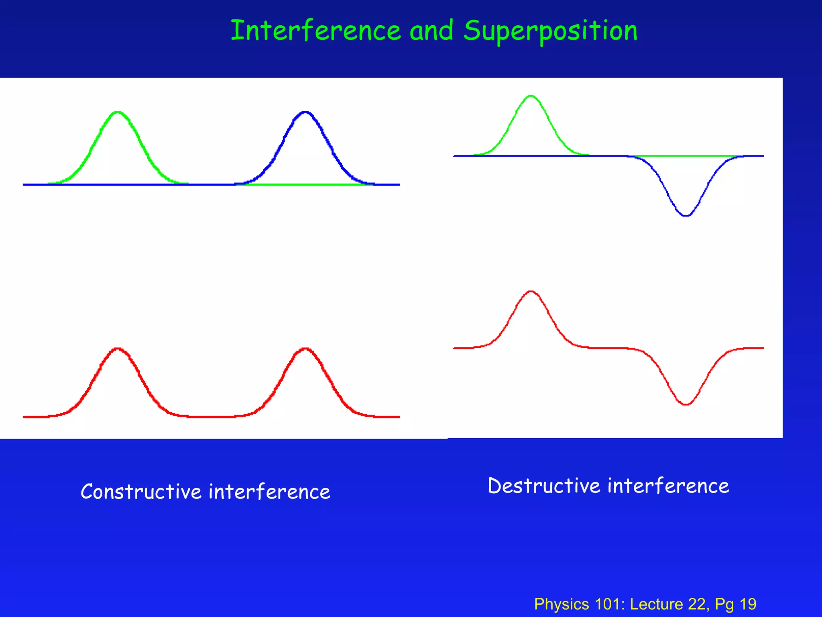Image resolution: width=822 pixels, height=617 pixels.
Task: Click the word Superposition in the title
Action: tap(550, 31)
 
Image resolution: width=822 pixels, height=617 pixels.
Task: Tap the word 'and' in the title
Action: tap(431, 31)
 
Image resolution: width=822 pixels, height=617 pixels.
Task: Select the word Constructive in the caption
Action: tap(141, 492)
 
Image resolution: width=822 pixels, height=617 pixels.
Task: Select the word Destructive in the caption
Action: tap(543, 486)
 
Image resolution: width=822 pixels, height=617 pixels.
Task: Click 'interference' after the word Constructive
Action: tap(269, 492)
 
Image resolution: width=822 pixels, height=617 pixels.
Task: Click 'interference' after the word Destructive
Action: tap(668, 486)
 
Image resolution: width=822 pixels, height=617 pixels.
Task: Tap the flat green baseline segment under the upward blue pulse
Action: tap(305, 184)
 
